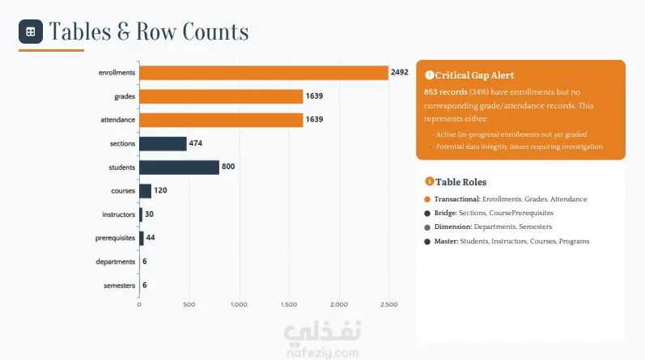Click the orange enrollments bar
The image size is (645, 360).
[x=264, y=73]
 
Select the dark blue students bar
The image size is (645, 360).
[x=179, y=167]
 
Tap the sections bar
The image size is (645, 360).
[x=163, y=143]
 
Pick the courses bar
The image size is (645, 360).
[x=145, y=191]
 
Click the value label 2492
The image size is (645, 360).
[x=400, y=72]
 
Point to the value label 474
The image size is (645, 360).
[x=195, y=143]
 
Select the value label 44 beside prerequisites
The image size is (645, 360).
[x=151, y=237]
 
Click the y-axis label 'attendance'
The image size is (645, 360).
[x=117, y=120]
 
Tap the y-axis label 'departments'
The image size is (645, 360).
[x=115, y=261]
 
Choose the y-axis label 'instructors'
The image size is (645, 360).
[x=118, y=214]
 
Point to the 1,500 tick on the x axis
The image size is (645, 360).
[x=289, y=304]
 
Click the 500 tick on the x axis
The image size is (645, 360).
[x=189, y=304]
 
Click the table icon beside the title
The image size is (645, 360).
[x=31, y=32]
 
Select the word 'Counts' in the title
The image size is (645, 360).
[x=215, y=32]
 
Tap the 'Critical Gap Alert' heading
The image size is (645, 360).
[x=474, y=75]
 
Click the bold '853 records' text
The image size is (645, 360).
[x=445, y=91]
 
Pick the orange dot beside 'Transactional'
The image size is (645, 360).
[x=427, y=200]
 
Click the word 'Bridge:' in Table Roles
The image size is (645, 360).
[x=445, y=213]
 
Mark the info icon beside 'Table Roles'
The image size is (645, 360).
[x=430, y=181]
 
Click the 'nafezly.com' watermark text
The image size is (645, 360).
[x=322, y=353]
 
